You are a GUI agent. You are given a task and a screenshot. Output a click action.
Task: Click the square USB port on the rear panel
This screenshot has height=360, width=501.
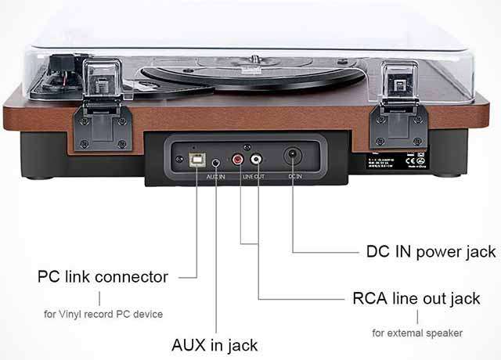(x=196, y=159)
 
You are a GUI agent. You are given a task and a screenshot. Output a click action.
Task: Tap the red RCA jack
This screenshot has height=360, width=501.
(x=238, y=160)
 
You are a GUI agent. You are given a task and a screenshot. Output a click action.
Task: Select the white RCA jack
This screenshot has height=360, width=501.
(x=257, y=160)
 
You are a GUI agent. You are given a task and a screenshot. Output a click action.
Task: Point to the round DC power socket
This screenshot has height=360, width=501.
(x=293, y=156)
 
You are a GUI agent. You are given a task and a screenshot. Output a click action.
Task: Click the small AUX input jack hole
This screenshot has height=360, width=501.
(x=215, y=163)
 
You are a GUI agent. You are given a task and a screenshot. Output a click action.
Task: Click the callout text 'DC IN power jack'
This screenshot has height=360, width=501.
(x=431, y=252)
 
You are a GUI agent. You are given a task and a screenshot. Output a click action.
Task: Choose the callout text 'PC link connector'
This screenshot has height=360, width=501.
(x=103, y=277)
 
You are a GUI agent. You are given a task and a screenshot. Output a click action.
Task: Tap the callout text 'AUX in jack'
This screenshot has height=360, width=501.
(x=214, y=344)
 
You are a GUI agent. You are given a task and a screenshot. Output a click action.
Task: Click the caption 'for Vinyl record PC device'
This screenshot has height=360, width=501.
(x=103, y=315)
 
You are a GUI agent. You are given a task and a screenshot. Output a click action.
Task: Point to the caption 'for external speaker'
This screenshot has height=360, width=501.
(x=416, y=333)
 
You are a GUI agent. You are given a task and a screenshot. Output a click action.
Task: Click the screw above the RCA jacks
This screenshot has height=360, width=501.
(x=247, y=147)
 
